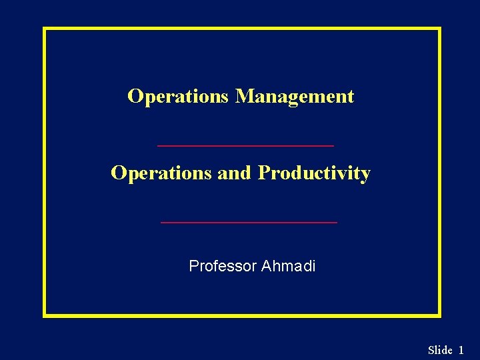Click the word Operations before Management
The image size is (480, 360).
tap(178, 97)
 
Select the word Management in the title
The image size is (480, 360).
tap(295, 97)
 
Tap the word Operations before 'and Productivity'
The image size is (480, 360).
tap(161, 173)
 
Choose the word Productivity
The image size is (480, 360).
tap(314, 174)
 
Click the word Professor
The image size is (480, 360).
tap(223, 267)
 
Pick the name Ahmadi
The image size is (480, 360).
tap(289, 267)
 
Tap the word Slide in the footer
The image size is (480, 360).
tap(440, 350)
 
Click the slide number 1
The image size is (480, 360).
tap(461, 350)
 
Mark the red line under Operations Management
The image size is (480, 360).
tap(245, 145)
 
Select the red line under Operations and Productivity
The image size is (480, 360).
tap(249, 222)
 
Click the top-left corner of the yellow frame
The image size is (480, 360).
tap(45, 29)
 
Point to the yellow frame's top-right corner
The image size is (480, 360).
tap(439, 29)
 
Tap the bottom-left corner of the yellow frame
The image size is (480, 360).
tap(45, 315)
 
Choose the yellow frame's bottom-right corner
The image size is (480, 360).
tap(439, 315)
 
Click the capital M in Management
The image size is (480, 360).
tap(243, 97)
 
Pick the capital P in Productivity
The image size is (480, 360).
tap(264, 173)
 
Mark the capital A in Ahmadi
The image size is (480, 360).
tap(266, 267)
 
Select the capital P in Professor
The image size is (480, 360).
tap(194, 267)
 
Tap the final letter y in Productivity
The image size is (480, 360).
tap(365, 176)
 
